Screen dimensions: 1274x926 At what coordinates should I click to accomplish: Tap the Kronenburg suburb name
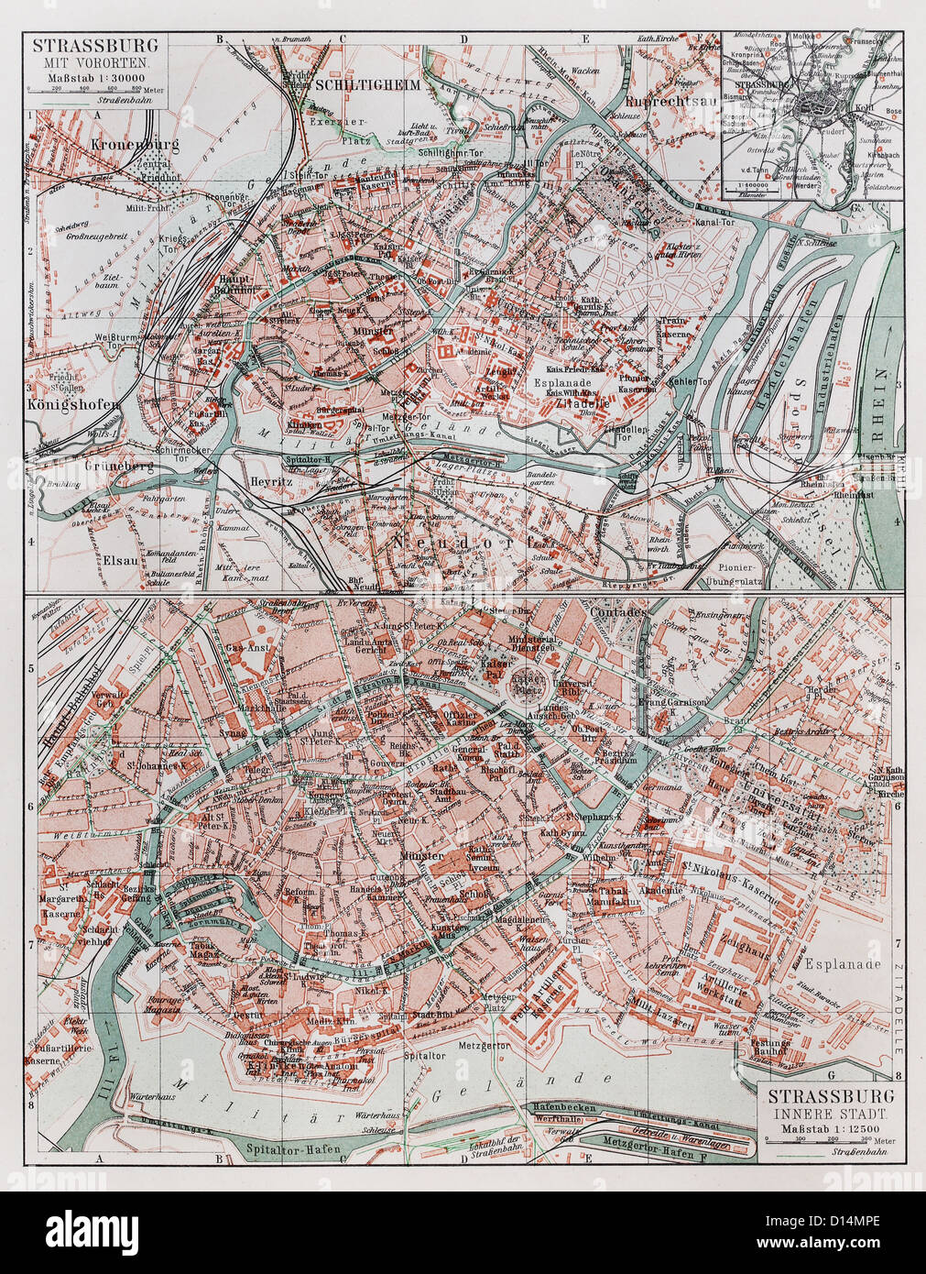(x=134, y=145)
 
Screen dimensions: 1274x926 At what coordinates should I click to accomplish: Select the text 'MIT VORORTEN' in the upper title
(x=94, y=63)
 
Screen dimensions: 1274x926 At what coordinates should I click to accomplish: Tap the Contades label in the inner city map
(x=619, y=610)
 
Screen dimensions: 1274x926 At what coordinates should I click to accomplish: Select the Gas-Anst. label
(x=245, y=647)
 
